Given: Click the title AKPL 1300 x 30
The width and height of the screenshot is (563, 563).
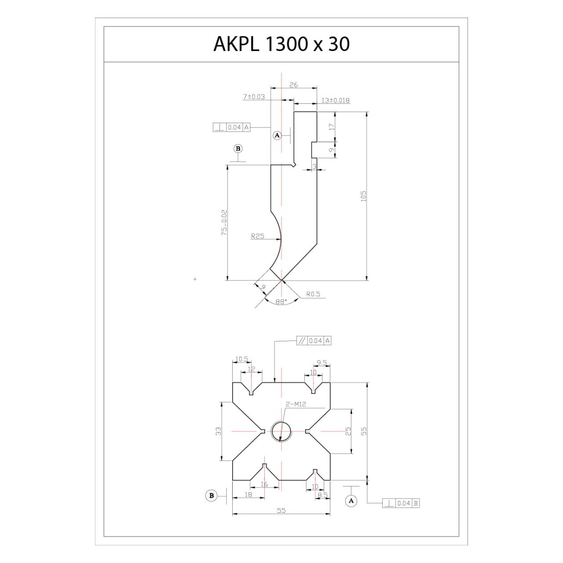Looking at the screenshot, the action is tap(281, 44).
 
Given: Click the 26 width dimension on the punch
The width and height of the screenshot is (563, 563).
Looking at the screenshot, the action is tap(294, 85).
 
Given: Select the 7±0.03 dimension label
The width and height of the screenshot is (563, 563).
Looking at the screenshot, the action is tap(254, 97).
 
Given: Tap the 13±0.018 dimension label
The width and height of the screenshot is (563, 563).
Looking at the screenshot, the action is tap(336, 100).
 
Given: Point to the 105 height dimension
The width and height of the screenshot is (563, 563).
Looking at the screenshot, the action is tap(363, 196).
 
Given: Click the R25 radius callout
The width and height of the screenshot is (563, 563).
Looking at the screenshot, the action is tap(257, 236).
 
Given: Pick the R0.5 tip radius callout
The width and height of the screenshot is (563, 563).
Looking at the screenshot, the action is tap(313, 294).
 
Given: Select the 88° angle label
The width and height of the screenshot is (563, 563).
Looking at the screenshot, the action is tap(281, 302).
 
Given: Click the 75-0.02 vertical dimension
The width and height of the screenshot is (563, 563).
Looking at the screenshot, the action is tap(224, 223).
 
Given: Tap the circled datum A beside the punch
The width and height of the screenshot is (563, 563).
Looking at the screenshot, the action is tap(277, 135).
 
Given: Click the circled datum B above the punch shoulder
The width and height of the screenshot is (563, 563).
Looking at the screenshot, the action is tap(238, 149).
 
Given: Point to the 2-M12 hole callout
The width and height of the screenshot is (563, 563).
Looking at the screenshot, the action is tap(296, 404).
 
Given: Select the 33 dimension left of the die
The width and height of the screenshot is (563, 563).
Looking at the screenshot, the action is tap(219, 431).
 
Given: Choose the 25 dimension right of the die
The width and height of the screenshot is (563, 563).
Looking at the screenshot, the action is tap(348, 431).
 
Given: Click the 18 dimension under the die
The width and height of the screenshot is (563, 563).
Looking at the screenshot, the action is tap(248, 495).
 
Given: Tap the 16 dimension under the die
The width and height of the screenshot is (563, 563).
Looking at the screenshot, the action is tap(264, 484).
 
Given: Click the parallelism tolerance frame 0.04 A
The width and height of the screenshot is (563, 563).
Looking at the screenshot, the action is tap(314, 341).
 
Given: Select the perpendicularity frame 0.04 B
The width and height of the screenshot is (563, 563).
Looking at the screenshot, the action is tap(401, 503).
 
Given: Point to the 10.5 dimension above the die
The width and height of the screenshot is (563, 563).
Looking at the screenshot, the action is tap(241, 359).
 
